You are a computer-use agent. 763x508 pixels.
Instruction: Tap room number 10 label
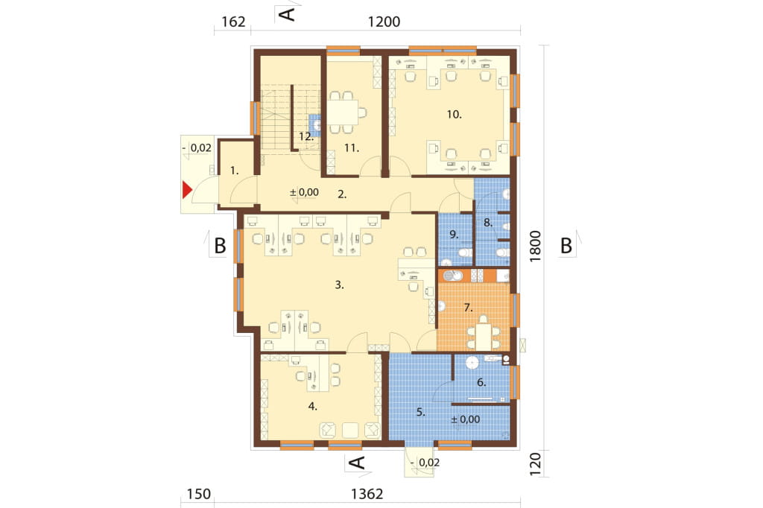point(454,115)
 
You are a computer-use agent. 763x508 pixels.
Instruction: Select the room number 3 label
point(339,285)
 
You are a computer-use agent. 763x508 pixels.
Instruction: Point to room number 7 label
point(468,308)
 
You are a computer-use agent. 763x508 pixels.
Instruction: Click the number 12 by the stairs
point(305,137)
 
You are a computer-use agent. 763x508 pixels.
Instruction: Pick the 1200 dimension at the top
point(384,22)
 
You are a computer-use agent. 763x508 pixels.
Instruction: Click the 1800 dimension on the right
point(535,247)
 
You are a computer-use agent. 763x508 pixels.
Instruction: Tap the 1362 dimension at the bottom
point(367,494)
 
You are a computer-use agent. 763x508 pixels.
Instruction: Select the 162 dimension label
point(233,22)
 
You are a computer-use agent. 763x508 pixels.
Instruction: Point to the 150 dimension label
point(199,494)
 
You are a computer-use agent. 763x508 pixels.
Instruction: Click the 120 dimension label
point(535,464)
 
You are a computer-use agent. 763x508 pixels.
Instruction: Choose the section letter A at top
point(288,13)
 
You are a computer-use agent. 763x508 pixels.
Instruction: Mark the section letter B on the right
point(566,246)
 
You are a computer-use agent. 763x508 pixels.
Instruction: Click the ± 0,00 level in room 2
point(304,192)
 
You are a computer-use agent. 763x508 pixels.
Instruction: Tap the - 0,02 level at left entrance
point(197,147)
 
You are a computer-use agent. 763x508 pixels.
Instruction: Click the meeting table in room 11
point(343,112)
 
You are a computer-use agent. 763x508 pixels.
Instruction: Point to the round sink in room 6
point(472,363)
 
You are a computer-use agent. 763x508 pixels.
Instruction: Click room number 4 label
point(312,406)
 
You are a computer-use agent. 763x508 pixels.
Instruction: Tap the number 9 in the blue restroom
point(454,235)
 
